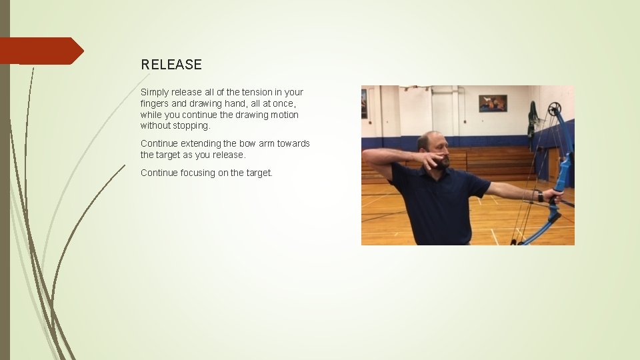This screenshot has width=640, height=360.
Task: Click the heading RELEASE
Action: [x=171, y=65]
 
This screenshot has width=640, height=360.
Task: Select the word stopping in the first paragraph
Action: [x=191, y=125]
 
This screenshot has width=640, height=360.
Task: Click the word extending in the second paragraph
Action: [x=199, y=143]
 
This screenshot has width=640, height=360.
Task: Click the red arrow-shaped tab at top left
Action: [x=40, y=51]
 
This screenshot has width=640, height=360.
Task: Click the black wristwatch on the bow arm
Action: [x=539, y=196]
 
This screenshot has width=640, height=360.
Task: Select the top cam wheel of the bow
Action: [x=554, y=109]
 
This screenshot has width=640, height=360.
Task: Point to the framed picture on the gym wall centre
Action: [x=493, y=103]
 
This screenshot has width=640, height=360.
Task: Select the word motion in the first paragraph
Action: [x=285, y=115]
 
